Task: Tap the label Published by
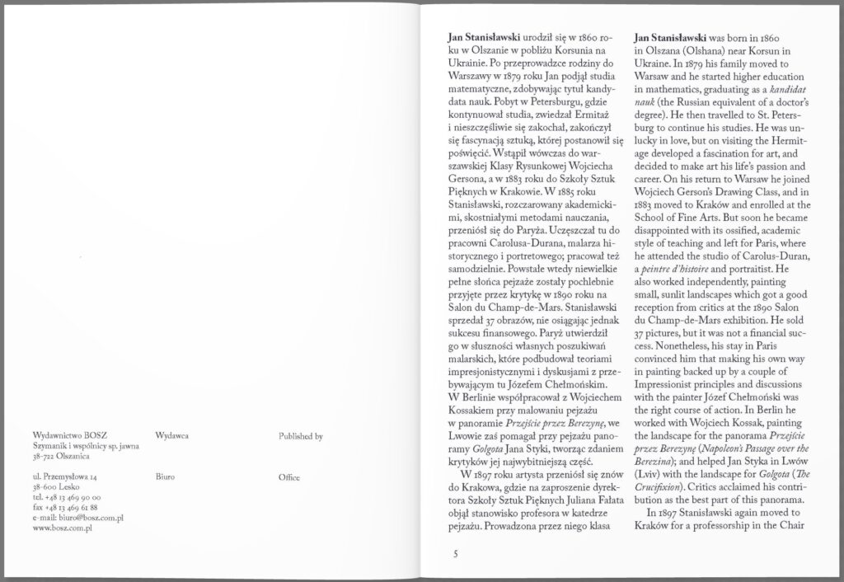300,434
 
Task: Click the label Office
289,477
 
